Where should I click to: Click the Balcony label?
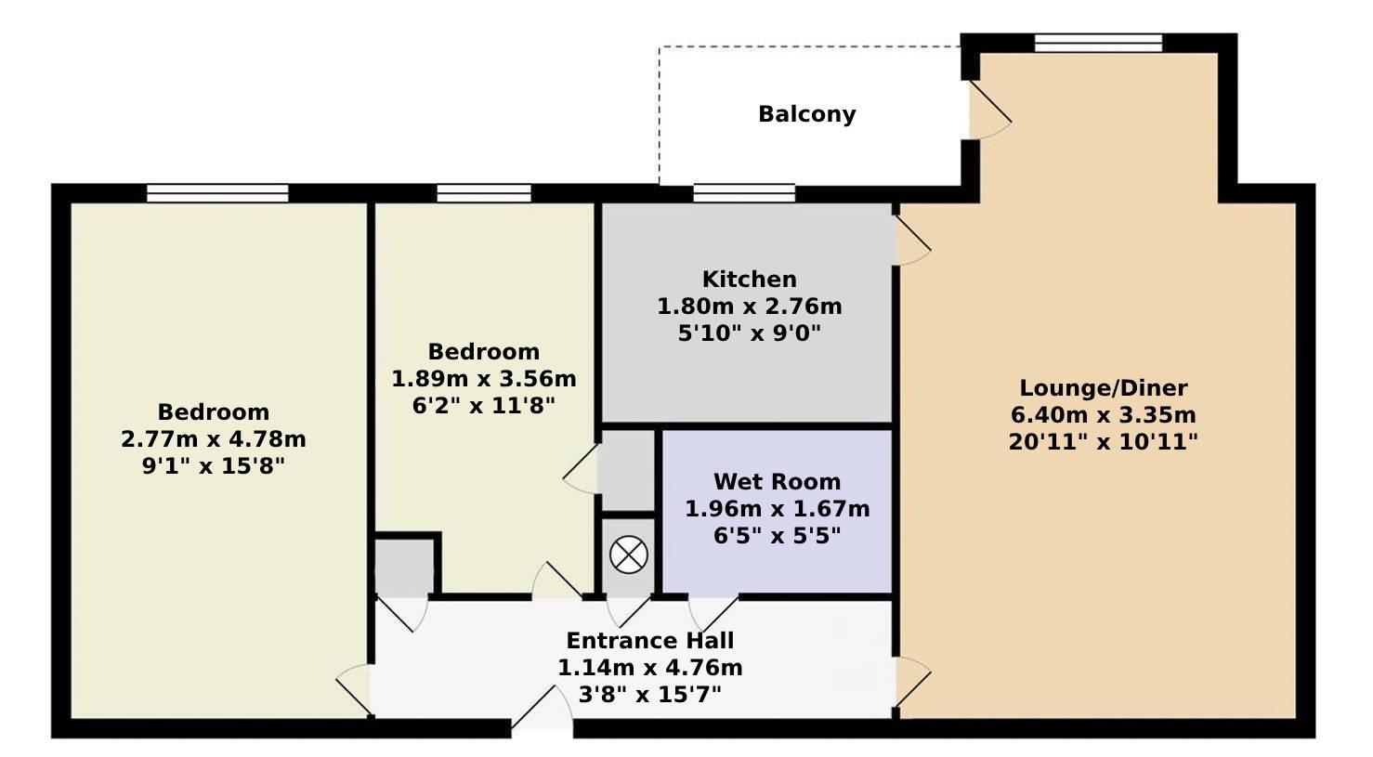pos(806,114)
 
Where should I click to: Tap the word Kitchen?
pos(749,280)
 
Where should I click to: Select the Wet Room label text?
pos(777,482)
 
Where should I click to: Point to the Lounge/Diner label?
pos(1103,388)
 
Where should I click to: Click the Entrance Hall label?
pos(649,641)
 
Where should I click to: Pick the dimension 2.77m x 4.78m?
pos(214,439)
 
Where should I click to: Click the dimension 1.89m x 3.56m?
pos(484,379)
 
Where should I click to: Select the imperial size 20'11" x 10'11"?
pos(1103,442)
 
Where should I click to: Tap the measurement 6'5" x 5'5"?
pos(777,536)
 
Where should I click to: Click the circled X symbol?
pos(628,555)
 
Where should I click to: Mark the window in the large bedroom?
pos(217,193)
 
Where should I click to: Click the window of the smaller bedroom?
pos(484,193)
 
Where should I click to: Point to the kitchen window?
pos(744,193)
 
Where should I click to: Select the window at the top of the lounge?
pos(1098,43)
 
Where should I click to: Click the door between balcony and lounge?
pos(988,111)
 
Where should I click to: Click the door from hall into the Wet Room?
pos(713,612)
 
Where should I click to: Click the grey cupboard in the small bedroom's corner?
pos(404,567)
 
